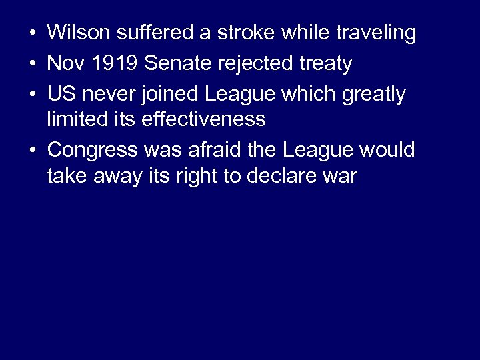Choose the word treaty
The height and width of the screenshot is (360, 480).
pyautogui.click(x=325, y=63)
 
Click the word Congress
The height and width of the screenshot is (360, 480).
pyautogui.click(x=89, y=150)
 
